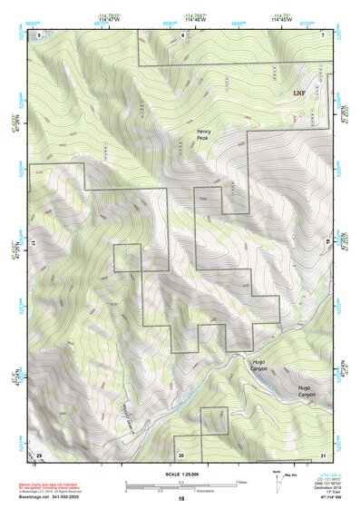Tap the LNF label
tap(298, 93)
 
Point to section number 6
tap(182, 34)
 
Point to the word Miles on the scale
tap(242, 481)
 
